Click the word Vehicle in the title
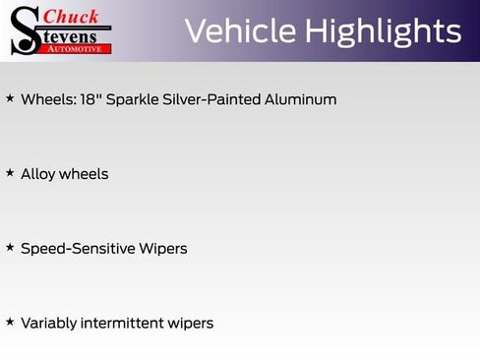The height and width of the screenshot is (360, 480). pyautogui.click(x=239, y=31)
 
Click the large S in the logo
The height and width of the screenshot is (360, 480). pyautogui.click(x=26, y=30)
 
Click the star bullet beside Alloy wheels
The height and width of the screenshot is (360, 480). pyautogui.click(x=10, y=173)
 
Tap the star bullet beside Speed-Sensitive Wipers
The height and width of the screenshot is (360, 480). pyautogui.click(x=10, y=247)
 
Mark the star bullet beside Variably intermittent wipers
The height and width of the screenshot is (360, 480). pyautogui.click(x=10, y=322)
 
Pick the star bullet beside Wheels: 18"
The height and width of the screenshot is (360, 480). pyautogui.click(x=10, y=98)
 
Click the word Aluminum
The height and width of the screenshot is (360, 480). pyautogui.click(x=295, y=99)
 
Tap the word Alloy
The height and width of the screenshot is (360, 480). pyautogui.click(x=37, y=174)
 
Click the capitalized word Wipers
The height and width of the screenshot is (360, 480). pyautogui.click(x=162, y=249)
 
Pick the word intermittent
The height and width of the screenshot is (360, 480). pyautogui.click(x=124, y=323)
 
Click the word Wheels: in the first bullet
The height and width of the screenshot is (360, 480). pyautogui.click(x=43, y=99)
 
